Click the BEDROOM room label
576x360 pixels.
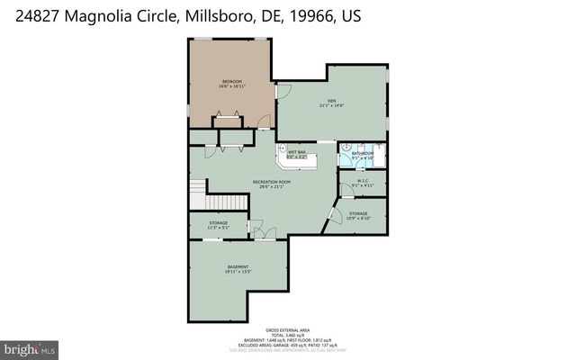[x=232, y=82]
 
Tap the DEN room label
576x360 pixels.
[x=331, y=101]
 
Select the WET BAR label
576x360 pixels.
[x=297, y=152]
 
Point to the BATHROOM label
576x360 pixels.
[x=363, y=153]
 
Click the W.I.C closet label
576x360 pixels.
[x=363, y=181]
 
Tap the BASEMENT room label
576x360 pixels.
[x=238, y=267]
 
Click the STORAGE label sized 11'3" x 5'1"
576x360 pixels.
[x=219, y=222]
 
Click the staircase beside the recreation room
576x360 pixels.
[x=198, y=192]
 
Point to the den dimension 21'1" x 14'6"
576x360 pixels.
[x=331, y=106]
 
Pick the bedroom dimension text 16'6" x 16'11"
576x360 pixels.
[x=232, y=87]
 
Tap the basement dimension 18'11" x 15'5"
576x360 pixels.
[x=238, y=273]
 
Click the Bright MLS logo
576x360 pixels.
[x=30, y=347]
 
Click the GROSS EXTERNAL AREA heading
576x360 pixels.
[x=287, y=330]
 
